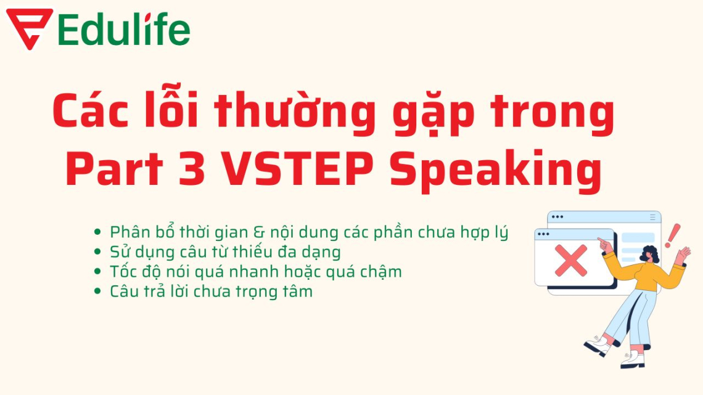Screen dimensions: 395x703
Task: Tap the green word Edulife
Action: [124, 29]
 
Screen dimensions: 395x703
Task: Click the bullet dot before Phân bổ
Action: [97, 233]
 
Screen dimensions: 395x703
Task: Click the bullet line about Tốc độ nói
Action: [255, 271]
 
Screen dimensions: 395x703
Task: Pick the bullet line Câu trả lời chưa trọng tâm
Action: [211, 291]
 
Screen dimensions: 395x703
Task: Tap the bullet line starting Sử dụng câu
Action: [225, 252]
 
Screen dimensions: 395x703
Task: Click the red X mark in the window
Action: [571, 259]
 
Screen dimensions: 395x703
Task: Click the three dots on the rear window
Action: [557, 217]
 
